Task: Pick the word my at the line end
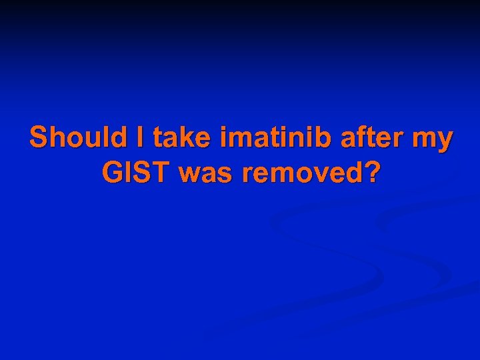(x=433, y=140)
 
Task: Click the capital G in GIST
(x=112, y=173)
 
